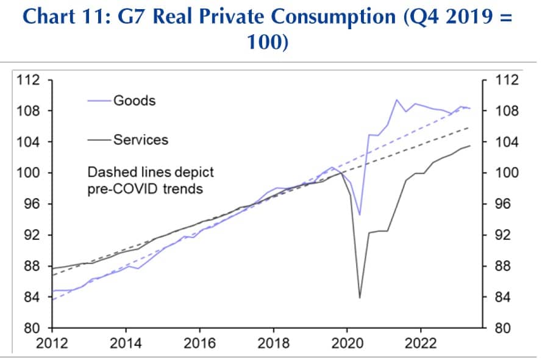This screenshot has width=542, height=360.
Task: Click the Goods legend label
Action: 134,101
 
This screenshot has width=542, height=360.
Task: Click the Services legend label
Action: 140,140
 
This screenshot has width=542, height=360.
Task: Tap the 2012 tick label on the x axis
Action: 51,343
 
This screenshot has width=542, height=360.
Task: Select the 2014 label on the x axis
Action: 126,343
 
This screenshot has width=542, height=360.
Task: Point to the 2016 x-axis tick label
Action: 199,343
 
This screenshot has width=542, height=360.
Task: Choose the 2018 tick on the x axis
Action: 273,343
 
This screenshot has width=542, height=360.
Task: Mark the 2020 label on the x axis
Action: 347,343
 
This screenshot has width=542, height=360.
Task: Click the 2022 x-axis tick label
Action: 421,343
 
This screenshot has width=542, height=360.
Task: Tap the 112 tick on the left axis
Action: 29,80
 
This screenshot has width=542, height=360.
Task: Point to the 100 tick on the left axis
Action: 29,173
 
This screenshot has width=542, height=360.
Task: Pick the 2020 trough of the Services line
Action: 360,298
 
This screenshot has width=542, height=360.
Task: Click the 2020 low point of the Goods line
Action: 360,214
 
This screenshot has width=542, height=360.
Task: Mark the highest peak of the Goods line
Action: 397,100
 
